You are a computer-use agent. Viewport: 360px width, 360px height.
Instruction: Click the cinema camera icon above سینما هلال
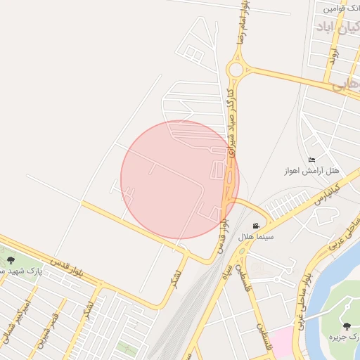click(257, 226)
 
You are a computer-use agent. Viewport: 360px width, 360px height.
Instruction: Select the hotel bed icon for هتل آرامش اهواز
click(311, 160)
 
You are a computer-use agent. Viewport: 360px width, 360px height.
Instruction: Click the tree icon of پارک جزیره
click(347, 326)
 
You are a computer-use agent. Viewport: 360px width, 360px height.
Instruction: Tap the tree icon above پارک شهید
click(10, 260)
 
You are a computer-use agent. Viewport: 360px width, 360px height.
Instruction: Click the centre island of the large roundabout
click(236, 70)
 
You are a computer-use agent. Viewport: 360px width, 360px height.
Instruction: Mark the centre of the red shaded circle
click(180, 179)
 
